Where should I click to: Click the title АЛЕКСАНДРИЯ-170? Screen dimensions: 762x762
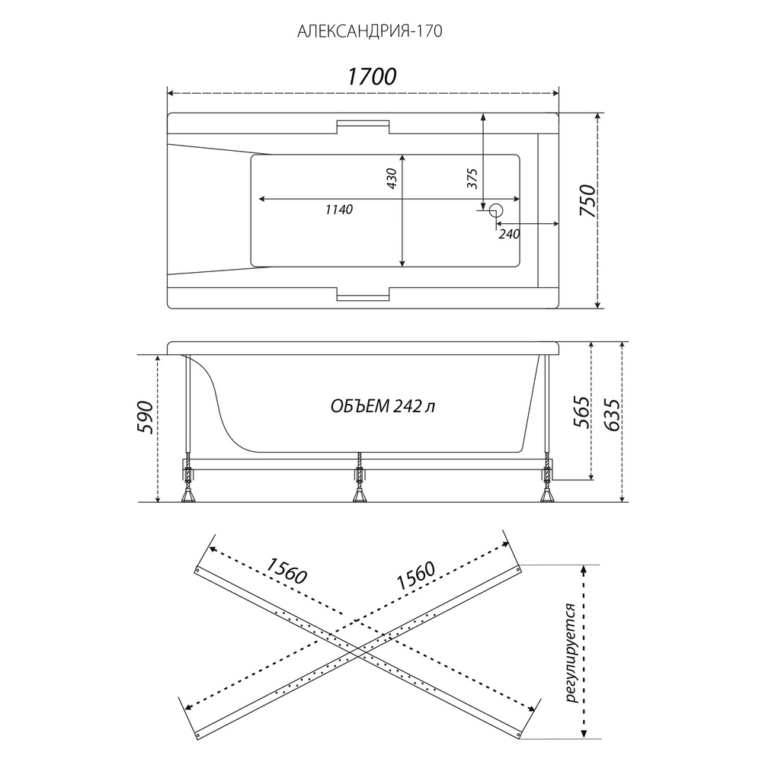point(370,31)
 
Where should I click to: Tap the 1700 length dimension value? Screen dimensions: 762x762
point(372,76)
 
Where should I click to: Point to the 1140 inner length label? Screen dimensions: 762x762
point(339,210)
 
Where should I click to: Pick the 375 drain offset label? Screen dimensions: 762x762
point(472,178)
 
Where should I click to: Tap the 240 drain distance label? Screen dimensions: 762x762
point(509,234)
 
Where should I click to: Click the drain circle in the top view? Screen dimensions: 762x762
point(496,210)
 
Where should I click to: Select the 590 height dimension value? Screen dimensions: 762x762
point(146,418)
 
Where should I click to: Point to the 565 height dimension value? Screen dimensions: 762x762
point(581,412)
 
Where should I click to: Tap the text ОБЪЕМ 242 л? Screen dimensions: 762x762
point(383,406)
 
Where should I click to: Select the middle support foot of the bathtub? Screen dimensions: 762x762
point(359,495)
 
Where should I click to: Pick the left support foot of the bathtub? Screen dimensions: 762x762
point(187,495)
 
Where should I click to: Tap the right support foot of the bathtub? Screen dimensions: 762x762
point(548,495)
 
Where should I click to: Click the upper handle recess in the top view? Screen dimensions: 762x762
point(363,126)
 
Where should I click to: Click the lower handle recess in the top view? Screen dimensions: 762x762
point(363,295)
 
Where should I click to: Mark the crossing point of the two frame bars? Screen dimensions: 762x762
point(358,654)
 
